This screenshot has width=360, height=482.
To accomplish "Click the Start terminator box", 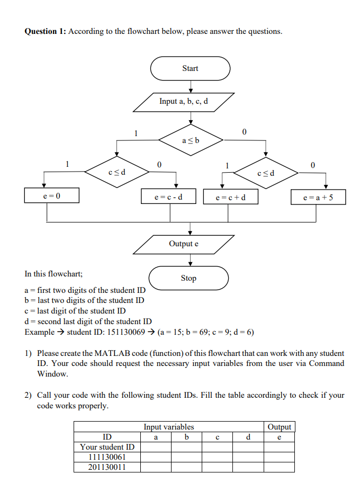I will (x=190, y=68).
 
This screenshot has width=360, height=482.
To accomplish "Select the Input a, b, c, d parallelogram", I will (x=183, y=102).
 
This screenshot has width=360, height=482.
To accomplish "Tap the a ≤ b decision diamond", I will (x=190, y=140).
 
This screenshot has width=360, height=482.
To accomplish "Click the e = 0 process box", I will (x=51, y=196).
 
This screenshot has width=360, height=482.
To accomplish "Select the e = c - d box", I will (x=169, y=198).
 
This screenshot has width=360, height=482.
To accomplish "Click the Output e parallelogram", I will (x=184, y=244).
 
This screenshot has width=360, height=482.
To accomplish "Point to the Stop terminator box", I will (x=188, y=278).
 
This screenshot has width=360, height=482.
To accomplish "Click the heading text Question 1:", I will (x=45, y=31).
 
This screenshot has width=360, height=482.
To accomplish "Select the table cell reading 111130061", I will (x=107, y=457).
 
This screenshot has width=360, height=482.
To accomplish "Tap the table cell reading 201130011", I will (x=107, y=467).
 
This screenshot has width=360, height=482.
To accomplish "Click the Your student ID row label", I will (x=107, y=447).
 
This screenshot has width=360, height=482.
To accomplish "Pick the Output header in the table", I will (x=279, y=427).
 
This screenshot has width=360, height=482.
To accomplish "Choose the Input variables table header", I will (x=169, y=427).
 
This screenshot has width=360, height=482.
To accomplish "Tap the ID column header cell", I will (x=107, y=437).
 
